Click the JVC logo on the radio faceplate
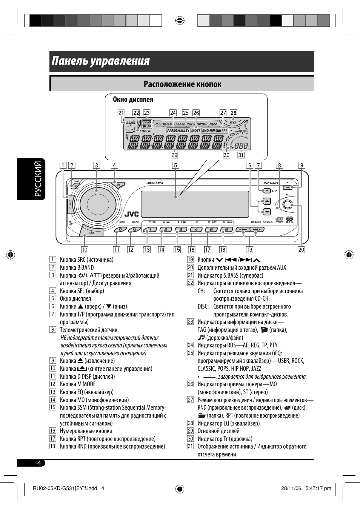[132, 214]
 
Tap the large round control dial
[98, 204]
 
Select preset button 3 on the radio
[181, 229]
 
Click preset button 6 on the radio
[226, 229]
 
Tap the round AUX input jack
[288, 204]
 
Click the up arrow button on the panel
[266, 201]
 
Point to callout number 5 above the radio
[175, 165]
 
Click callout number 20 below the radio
[301, 249]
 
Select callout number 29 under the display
[174, 155]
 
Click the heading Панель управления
[101, 61]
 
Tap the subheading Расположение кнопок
[182, 84]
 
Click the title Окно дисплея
[133, 100]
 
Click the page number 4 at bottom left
[39, 463]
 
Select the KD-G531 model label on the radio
[271, 183]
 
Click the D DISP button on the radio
[120, 230]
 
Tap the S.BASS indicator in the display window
[130, 123]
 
